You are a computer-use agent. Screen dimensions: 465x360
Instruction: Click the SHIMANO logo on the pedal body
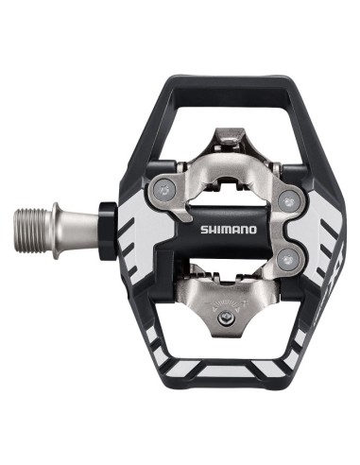(230, 228)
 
